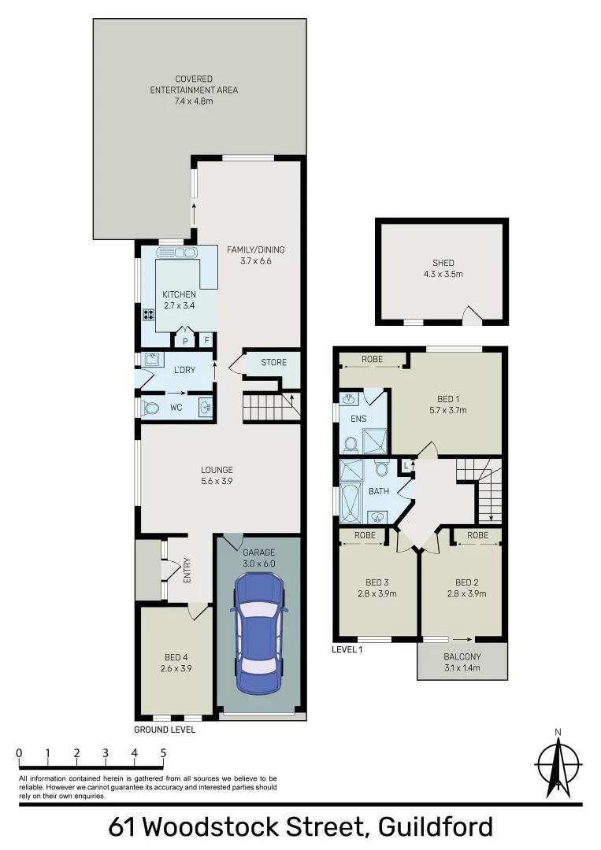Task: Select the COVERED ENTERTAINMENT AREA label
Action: click(194, 85)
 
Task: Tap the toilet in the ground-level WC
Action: click(150, 408)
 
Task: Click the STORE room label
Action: click(274, 362)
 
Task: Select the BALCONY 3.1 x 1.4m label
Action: click(462, 662)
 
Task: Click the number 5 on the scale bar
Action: click(163, 752)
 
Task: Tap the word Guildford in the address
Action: click(436, 828)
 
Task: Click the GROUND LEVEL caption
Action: click(164, 730)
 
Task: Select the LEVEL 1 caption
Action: click(347, 649)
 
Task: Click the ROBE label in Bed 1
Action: click(372, 359)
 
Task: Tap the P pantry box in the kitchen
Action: click(185, 341)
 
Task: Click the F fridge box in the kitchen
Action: click(207, 341)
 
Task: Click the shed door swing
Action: click(470, 316)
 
